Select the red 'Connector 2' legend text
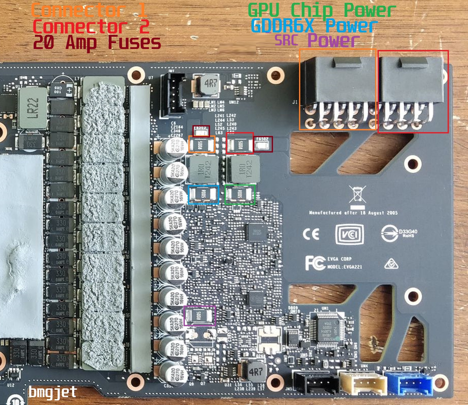[91, 27]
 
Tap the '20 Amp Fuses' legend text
[97, 43]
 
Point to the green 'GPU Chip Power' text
[322, 11]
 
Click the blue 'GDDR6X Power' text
[314, 26]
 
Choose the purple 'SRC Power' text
[317, 40]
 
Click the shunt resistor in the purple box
[199, 316]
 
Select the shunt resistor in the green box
[240, 194]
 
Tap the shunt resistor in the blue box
[203, 195]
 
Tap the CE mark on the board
[311, 234]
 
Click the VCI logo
[349, 234]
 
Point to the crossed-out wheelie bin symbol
[358, 194]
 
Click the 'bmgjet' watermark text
[53, 392]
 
